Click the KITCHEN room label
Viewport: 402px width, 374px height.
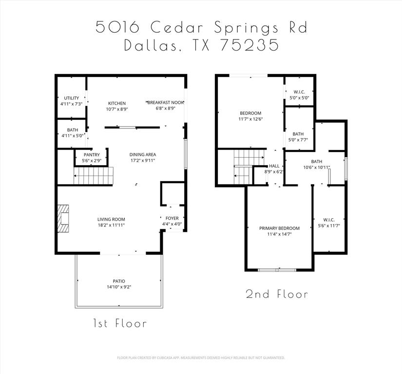[117, 103]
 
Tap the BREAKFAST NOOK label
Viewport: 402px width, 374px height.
[161, 102]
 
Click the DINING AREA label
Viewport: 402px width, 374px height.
[142, 155]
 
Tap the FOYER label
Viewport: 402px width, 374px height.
[172, 218]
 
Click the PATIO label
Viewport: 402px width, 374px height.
[119, 281]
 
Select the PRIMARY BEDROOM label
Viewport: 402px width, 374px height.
[279, 228]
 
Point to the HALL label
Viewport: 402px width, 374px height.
[274, 166]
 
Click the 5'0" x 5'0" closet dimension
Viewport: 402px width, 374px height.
[299, 97]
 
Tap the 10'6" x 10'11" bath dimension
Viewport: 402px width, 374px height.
[317, 168]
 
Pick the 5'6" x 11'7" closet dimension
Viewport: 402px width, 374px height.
[329, 225]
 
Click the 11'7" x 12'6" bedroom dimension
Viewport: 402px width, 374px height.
[250, 119]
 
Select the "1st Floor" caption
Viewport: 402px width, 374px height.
[120, 323]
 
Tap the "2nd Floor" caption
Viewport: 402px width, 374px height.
[277, 294]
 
